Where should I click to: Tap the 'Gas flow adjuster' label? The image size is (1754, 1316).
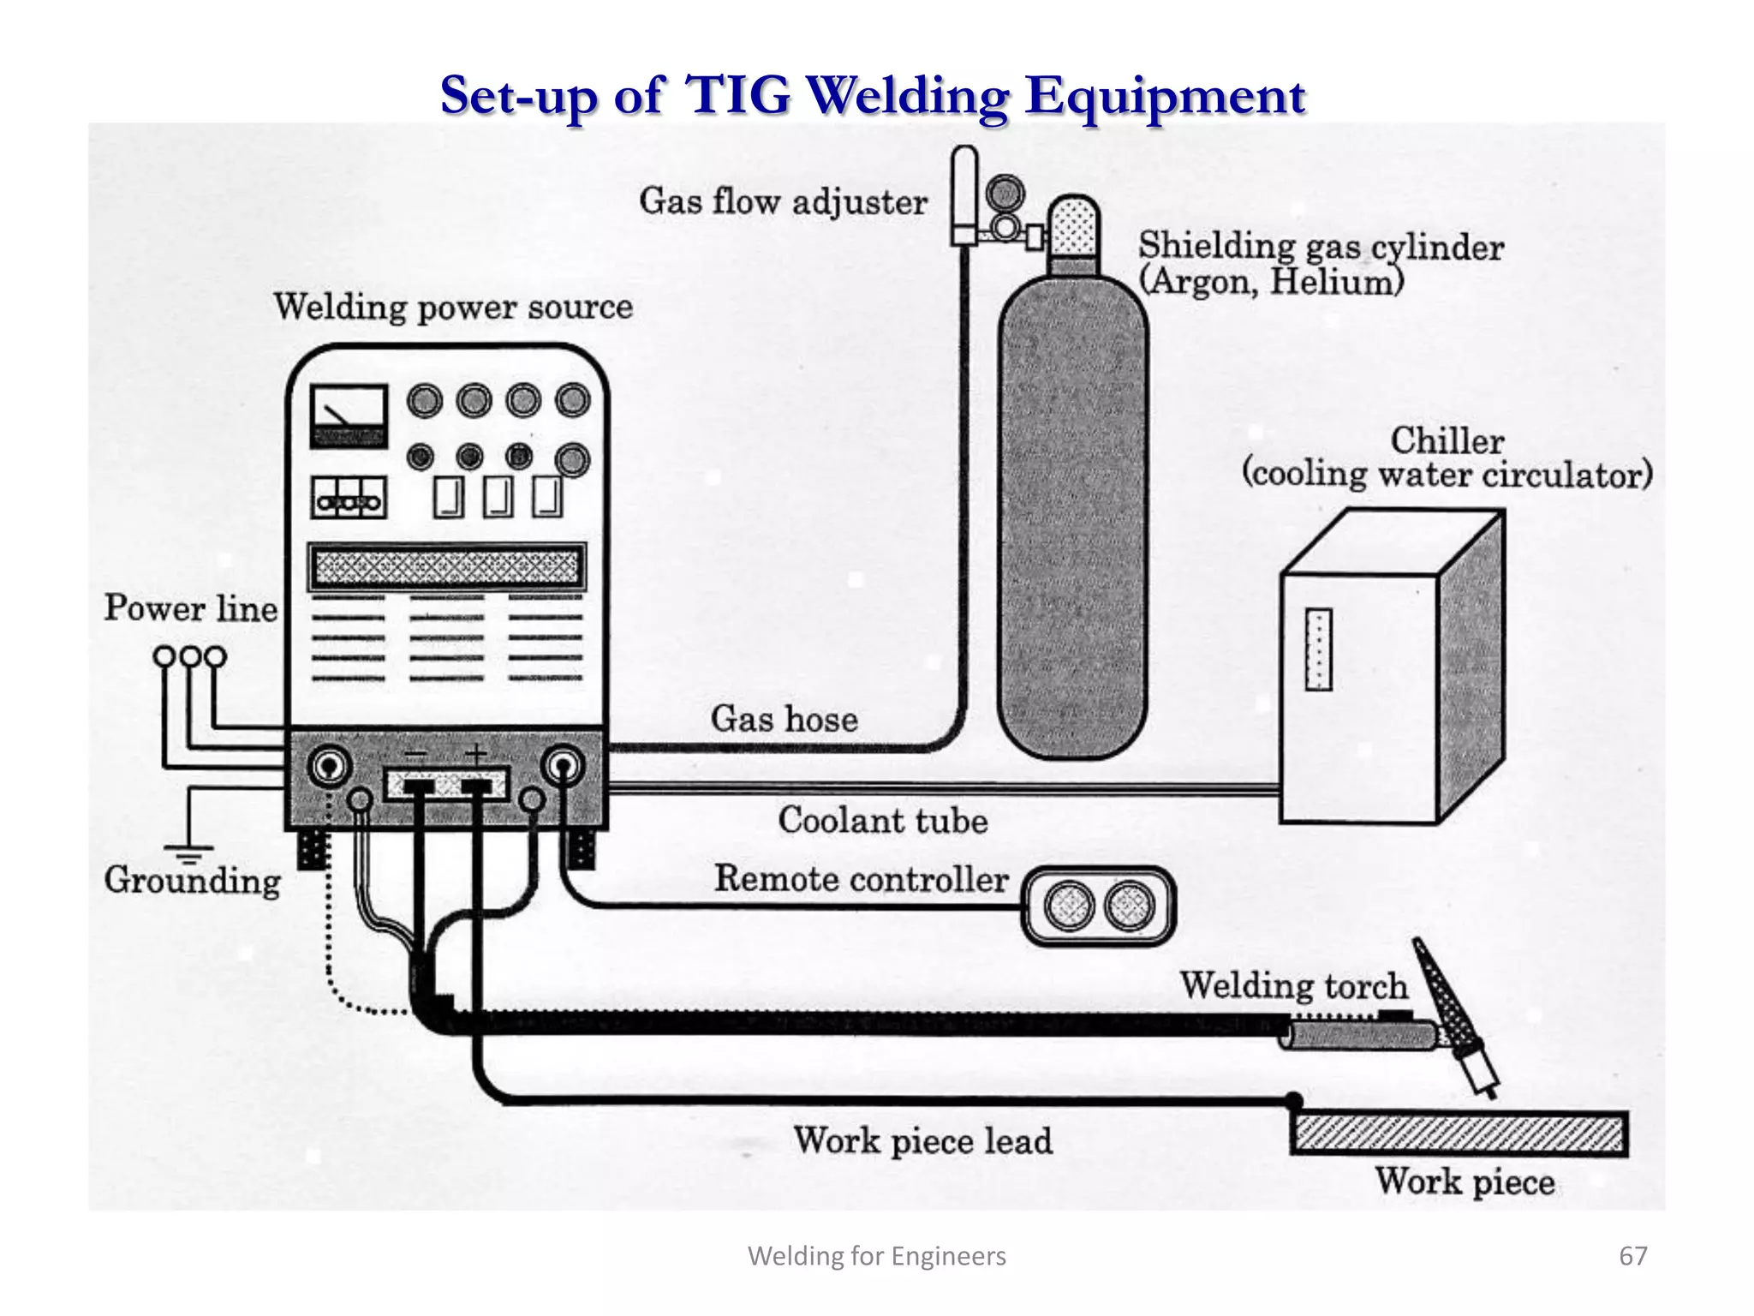783,202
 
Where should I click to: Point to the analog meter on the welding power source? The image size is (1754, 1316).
348,416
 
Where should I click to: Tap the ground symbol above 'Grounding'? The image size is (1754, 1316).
189,852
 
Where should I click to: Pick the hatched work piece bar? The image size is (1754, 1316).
1459,1134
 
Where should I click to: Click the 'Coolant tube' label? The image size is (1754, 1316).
882,821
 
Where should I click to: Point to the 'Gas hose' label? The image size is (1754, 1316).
784,719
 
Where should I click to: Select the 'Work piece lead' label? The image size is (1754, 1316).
922,1141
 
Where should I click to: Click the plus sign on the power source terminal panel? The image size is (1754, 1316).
476,754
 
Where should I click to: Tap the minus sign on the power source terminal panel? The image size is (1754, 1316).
415,754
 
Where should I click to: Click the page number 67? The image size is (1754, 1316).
1632,1256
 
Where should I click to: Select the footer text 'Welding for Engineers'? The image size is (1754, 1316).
877,1256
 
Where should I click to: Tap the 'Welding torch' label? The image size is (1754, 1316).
1293,985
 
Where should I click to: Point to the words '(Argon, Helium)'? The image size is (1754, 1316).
1271,282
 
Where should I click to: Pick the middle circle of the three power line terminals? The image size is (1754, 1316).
190,657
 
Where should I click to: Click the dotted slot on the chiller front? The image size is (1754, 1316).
1318,649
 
